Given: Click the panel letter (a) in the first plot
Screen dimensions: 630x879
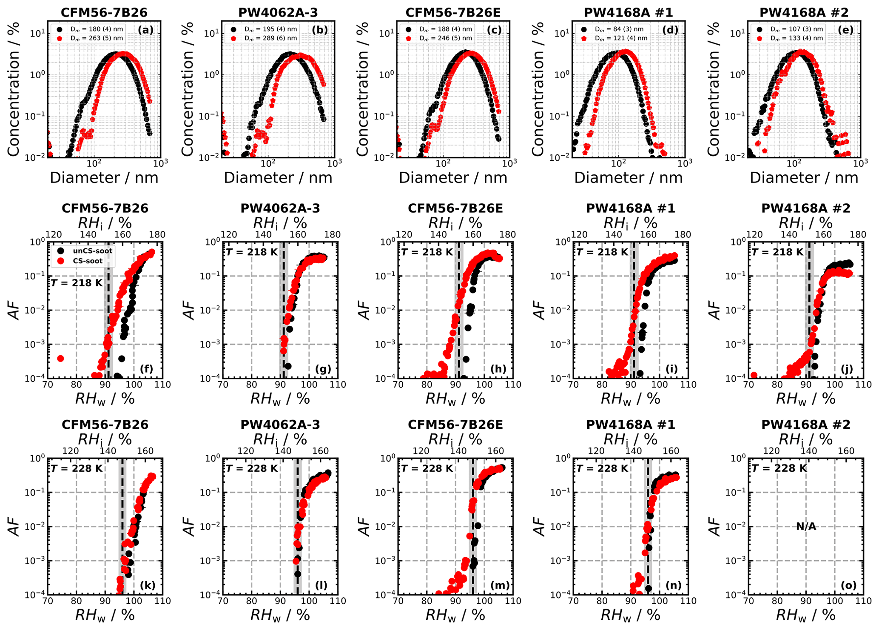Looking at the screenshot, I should tap(145, 30).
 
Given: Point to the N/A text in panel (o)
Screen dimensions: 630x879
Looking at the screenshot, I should tap(806, 527).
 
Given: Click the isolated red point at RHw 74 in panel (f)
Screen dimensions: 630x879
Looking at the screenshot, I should tap(60, 359).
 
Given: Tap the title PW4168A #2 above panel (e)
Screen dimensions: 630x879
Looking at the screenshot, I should tap(804, 12).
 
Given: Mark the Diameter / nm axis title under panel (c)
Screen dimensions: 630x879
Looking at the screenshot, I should tap(453, 178).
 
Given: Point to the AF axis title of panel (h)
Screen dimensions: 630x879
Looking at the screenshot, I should tap(364, 310).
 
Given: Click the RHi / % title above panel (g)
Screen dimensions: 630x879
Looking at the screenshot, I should tap(280, 223).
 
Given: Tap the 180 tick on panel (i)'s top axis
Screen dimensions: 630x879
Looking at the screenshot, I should tap(683, 234).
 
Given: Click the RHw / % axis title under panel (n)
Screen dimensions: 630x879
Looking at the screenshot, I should tap(630, 615).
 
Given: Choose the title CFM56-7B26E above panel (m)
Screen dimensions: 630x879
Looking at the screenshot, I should tap(455, 425).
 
